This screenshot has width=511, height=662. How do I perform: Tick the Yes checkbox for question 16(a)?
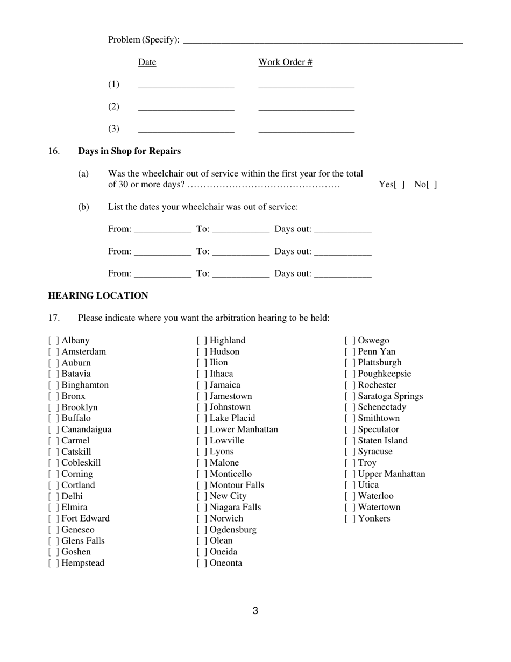point(399,185)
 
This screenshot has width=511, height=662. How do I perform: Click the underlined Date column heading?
point(147,62)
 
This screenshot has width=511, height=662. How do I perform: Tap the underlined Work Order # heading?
point(285,62)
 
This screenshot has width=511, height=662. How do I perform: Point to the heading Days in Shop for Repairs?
point(129,151)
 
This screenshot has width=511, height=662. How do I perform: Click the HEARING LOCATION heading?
point(98,296)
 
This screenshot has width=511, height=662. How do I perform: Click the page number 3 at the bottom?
point(256,611)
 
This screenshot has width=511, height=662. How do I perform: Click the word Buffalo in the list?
point(76,418)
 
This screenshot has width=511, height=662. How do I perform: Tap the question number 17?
point(54,318)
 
